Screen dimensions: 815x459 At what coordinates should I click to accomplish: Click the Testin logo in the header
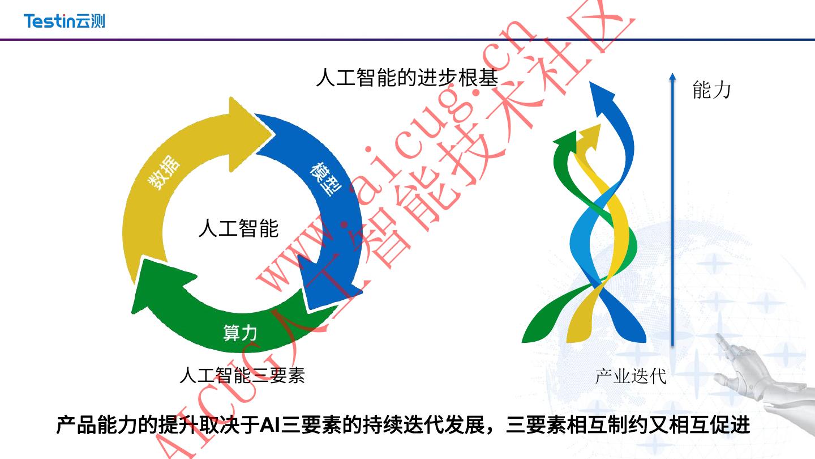[x=64, y=21]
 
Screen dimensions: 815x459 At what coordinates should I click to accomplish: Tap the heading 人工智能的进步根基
[x=407, y=78]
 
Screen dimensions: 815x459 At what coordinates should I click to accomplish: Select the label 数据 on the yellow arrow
[x=164, y=173]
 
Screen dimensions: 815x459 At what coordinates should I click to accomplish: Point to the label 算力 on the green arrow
[x=240, y=333]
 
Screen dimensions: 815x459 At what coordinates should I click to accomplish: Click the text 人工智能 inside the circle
[x=238, y=228]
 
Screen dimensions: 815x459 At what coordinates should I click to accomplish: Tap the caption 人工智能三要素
[x=242, y=375]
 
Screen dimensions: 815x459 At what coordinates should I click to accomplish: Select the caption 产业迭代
[x=630, y=376]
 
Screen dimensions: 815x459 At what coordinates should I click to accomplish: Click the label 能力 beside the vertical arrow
[x=711, y=90]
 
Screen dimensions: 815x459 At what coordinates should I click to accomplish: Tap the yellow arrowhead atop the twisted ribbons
[x=590, y=134]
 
